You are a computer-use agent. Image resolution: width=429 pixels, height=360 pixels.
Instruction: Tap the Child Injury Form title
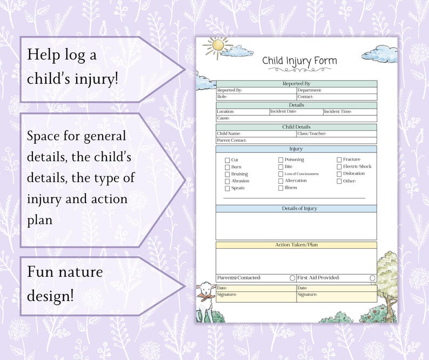299,61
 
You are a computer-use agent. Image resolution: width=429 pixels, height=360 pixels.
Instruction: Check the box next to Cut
227,160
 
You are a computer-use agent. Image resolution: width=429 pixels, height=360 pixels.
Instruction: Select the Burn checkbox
227,168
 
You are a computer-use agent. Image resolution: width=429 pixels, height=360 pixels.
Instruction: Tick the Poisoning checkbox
281,160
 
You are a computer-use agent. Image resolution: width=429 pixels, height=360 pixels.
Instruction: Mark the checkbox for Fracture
339,160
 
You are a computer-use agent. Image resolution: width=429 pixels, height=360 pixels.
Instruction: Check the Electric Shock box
339,167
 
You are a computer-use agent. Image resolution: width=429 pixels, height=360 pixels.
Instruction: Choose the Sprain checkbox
227,189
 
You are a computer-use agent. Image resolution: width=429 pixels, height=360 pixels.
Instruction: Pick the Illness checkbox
281,188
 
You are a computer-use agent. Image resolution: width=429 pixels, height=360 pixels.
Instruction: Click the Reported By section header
296,84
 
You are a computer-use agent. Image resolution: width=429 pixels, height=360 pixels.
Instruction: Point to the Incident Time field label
338,112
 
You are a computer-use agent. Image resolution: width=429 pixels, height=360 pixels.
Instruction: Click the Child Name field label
229,134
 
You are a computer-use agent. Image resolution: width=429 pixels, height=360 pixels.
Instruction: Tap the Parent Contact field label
231,141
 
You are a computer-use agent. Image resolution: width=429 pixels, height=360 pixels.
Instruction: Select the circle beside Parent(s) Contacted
292,278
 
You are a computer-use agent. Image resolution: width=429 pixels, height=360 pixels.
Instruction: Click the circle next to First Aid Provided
372,278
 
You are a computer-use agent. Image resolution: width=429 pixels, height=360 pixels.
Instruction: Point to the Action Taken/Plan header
296,245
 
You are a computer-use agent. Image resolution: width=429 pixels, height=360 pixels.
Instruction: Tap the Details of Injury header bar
296,209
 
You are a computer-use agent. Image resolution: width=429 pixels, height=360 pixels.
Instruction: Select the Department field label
310,90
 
